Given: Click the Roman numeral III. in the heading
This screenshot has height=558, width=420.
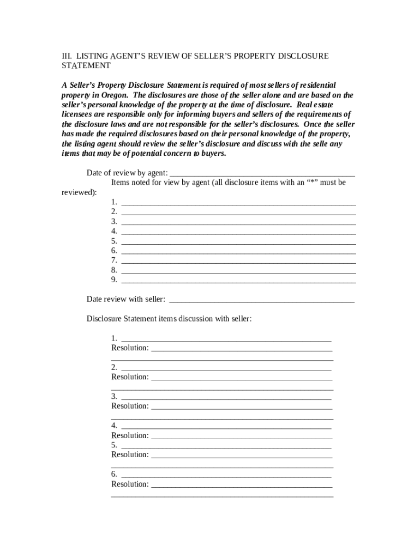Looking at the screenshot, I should click(65, 56).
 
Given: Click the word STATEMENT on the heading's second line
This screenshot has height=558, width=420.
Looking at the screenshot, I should click(86, 65).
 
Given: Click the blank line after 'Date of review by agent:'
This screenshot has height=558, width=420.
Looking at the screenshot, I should click(262, 173).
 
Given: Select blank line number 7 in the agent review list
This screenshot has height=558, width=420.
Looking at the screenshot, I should click(238, 260).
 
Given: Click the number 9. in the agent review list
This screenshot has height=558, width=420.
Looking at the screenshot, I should click(114, 280).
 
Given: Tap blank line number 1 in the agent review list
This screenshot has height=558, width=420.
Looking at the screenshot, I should click(238, 202).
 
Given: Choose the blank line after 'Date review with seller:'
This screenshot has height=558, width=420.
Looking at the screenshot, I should click(262, 299).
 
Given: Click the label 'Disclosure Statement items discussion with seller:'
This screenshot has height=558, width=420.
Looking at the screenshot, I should click(169, 319).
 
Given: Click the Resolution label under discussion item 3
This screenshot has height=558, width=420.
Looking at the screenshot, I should click(130, 406).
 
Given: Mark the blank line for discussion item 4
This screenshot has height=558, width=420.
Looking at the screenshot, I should click(226, 426).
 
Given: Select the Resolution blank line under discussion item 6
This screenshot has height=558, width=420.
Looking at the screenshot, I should click(241, 484).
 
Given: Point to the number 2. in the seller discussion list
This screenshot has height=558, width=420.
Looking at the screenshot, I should click(114, 367).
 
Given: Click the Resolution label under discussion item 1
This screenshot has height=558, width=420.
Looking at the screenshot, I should click(130, 348).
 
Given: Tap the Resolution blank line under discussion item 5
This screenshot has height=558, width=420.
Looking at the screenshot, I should click(241, 455).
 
